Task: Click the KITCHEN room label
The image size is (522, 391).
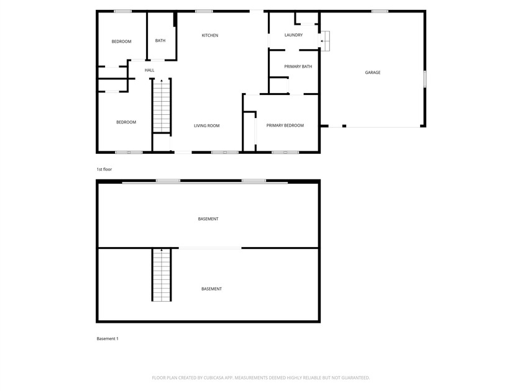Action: (210, 35)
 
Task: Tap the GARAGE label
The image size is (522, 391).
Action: (373, 73)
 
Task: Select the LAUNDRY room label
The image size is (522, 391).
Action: (293, 35)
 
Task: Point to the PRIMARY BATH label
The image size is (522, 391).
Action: (298, 66)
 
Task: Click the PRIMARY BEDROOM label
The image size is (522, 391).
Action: (285, 125)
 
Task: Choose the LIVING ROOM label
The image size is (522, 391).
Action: (207, 126)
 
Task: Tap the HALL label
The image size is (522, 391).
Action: (150, 70)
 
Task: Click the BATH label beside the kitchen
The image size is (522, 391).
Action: (160, 41)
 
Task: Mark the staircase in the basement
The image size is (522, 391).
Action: (162, 275)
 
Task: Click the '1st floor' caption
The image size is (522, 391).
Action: (104, 169)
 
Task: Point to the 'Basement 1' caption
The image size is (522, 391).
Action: (108, 338)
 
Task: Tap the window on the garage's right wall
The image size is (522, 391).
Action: (425, 79)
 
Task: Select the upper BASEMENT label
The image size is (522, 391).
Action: (208, 219)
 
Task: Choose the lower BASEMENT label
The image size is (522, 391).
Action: (211, 289)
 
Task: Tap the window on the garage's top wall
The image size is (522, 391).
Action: (380, 11)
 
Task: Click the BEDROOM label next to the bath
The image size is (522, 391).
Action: (122, 42)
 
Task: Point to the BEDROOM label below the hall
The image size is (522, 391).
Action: (126, 122)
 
